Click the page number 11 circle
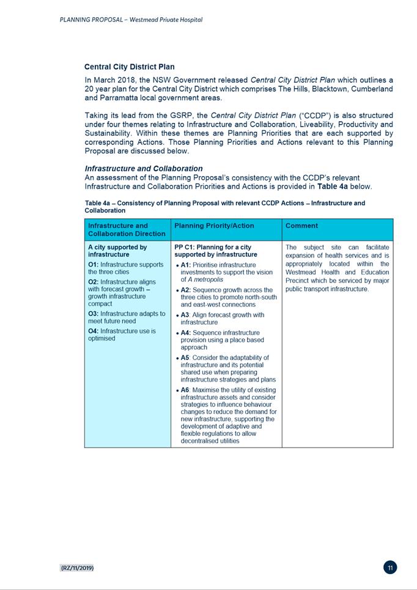click(x=390, y=567)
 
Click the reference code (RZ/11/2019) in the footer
click(x=77, y=568)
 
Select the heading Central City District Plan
click(x=129, y=67)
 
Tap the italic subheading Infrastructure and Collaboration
click(x=143, y=168)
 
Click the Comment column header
click(x=301, y=226)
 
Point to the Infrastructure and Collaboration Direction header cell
click(x=127, y=229)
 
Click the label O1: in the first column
click(x=93, y=265)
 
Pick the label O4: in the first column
click(x=93, y=331)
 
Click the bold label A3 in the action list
click(x=185, y=315)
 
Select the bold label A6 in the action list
click(x=185, y=389)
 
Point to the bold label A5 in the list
click(x=185, y=358)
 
